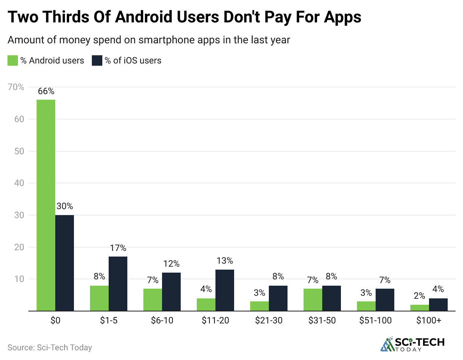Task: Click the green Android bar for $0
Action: pos(46,205)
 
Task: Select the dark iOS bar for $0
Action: pos(65,263)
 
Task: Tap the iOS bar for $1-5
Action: pos(118,283)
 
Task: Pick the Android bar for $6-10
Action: pos(153,300)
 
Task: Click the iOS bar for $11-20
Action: pos(225,290)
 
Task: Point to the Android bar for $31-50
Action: pos(313,300)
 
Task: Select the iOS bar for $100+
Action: pos(438,304)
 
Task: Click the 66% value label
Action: pos(46,91)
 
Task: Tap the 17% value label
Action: pos(118,248)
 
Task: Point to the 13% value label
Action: pos(225,261)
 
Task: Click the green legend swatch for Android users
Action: pos(13,60)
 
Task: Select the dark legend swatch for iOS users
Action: pos(97,60)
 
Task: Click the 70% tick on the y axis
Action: pos(16,87)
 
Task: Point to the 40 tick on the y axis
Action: pos(19,183)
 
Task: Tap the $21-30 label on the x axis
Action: pos(269,320)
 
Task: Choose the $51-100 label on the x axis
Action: pos(376,320)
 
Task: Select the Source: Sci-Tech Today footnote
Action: pos(50,347)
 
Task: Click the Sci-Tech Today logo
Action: pos(412,344)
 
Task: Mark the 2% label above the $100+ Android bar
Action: pos(419,296)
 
